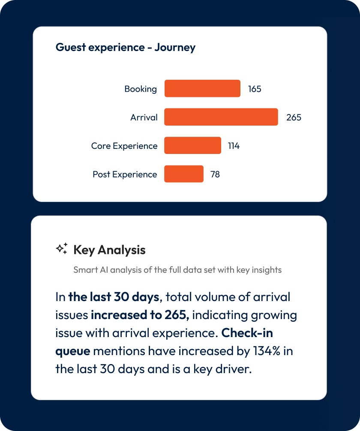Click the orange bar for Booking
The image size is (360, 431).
(202, 89)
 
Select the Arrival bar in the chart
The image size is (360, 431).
(221, 117)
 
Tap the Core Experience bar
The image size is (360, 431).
(192, 146)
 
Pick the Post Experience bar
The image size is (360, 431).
(184, 174)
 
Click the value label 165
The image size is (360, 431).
(255, 89)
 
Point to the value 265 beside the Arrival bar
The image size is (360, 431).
(294, 118)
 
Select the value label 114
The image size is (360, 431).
(234, 146)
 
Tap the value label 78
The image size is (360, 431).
(215, 175)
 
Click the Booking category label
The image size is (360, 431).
(141, 89)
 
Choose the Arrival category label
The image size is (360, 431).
(144, 118)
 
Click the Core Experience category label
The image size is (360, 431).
(124, 146)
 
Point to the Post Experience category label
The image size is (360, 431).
(125, 175)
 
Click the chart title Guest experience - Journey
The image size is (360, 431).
(126, 47)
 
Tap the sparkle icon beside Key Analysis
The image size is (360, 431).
(62, 249)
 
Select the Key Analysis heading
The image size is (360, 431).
(109, 250)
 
